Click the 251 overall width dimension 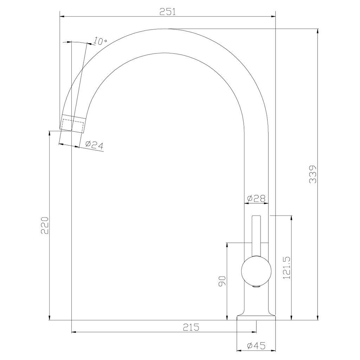pyautogui.click(x=168, y=12)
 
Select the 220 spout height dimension pyautogui.click(x=45, y=225)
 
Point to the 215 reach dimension pyautogui.click(x=191, y=327)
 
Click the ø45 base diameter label pyautogui.click(x=256, y=346)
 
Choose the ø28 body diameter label pyautogui.click(x=256, y=198)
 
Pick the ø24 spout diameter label pyautogui.click(x=94, y=145)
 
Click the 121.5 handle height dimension pyautogui.click(x=287, y=268)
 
